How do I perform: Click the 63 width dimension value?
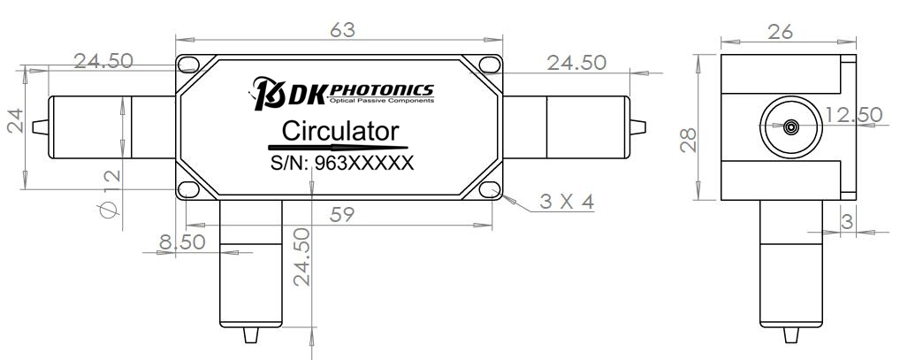coord(342,29)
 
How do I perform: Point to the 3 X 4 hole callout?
coord(567,202)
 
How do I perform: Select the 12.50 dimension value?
coord(853,114)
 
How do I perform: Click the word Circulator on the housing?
coord(340,132)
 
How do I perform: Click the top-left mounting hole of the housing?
coord(188,65)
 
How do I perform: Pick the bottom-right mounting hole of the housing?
coord(492,189)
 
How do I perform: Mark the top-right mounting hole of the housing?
coord(492,65)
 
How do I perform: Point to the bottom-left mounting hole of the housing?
coord(188,189)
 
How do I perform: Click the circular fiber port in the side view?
coord(789,126)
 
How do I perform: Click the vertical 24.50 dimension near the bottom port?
coord(301,257)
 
